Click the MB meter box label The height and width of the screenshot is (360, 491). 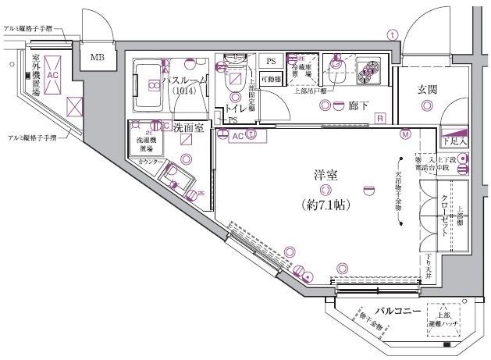[98, 57]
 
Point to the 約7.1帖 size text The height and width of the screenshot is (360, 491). [325, 205]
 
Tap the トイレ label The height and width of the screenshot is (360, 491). [236, 109]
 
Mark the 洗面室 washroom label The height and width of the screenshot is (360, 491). [189, 127]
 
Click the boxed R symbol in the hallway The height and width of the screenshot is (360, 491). [379, 119]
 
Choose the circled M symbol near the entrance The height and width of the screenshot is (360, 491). [405, 134]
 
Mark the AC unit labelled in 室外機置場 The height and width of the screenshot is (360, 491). [52, 75]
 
